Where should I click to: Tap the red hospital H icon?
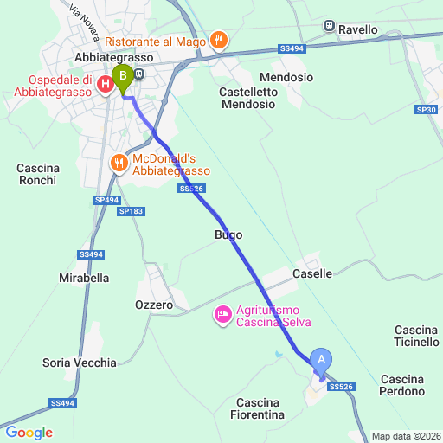106,84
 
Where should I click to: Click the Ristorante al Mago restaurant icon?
219,39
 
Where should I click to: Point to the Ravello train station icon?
329,26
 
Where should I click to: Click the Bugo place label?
228,234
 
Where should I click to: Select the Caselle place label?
312,273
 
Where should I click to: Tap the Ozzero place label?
154,305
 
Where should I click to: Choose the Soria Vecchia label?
79,363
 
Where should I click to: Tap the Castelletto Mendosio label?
248,98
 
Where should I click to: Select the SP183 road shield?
131,211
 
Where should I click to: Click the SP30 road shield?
425,110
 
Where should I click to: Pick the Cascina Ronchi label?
36,174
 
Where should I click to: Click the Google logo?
29,433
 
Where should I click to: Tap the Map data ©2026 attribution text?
407,436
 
